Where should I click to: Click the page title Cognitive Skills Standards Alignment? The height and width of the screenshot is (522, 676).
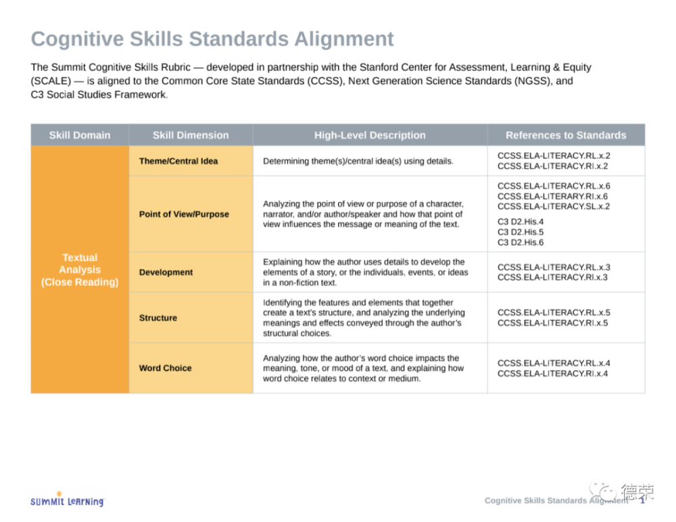(212, 39)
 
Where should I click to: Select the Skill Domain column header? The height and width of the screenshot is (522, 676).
(80, 135)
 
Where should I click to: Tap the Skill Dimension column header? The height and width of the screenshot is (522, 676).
(191, 135)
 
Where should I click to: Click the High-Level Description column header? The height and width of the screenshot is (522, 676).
(370, 135)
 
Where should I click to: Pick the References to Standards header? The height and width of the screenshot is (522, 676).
(566, 135)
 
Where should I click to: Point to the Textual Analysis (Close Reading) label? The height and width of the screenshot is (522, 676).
(80, 270)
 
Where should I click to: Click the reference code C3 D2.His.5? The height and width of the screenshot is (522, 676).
(521, 232)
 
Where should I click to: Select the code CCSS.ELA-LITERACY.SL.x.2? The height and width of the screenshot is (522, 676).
(554, 207)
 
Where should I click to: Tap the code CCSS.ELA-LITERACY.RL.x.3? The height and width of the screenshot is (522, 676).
(554, 268)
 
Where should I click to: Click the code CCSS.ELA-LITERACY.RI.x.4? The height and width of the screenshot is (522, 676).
(553, 374)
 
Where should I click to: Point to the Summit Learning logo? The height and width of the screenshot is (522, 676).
(67, 500)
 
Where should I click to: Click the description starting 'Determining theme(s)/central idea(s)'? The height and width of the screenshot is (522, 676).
(358, 162)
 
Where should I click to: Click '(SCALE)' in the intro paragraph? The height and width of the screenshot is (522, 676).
(51, 81)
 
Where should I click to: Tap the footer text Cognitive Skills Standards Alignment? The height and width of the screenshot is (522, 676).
(556, 500)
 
